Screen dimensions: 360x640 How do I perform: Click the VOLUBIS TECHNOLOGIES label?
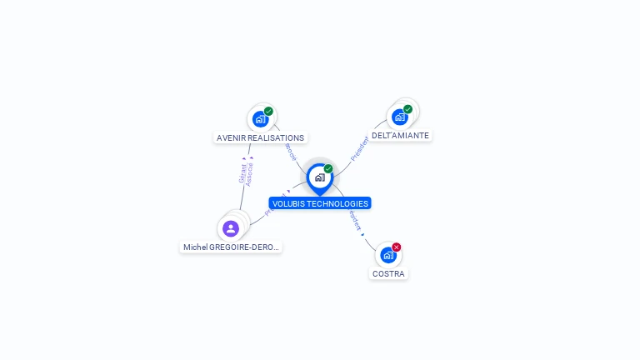319,203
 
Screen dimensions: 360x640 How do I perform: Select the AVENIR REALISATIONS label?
260,137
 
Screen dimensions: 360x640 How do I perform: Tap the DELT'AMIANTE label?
400,135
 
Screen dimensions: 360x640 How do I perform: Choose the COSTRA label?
389,273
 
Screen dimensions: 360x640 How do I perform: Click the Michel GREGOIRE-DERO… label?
231,247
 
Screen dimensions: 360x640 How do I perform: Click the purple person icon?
231,228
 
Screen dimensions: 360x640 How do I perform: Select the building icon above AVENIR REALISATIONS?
260,119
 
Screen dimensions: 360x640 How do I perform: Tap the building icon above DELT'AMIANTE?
400,117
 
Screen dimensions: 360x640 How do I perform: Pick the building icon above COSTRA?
387,255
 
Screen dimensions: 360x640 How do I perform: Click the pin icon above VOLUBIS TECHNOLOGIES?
319,177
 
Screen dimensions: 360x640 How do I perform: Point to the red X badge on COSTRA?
397,247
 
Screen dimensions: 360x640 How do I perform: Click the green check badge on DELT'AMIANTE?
407,109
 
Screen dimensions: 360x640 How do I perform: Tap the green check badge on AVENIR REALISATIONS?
268,112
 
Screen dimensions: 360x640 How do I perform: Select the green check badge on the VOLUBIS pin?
328,169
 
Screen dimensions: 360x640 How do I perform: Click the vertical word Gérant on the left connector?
242,173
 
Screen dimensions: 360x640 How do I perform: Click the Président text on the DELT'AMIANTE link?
359,148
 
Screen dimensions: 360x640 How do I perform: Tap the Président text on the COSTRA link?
355,220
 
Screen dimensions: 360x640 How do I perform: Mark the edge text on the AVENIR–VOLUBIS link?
290,152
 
